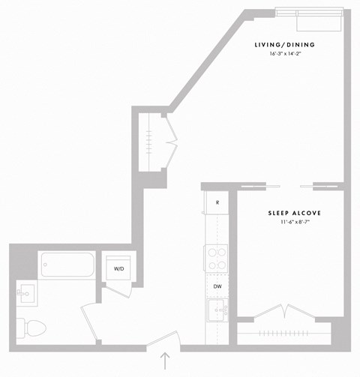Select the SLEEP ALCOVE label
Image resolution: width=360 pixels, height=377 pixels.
click(294, 214)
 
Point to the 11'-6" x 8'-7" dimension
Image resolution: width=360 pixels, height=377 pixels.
click(294, 223)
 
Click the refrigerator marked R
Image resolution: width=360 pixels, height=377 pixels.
click(217, 203)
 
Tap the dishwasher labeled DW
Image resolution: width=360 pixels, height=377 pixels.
click(217, 286)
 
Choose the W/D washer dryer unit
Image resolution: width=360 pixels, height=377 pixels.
click(119, 268)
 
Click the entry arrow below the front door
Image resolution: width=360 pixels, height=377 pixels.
click(165, 361)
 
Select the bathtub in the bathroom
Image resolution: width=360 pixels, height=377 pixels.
click(67, 265)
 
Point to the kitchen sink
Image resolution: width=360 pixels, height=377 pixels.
click(218, 310)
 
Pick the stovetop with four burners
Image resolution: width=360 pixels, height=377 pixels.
click(217, 258)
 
